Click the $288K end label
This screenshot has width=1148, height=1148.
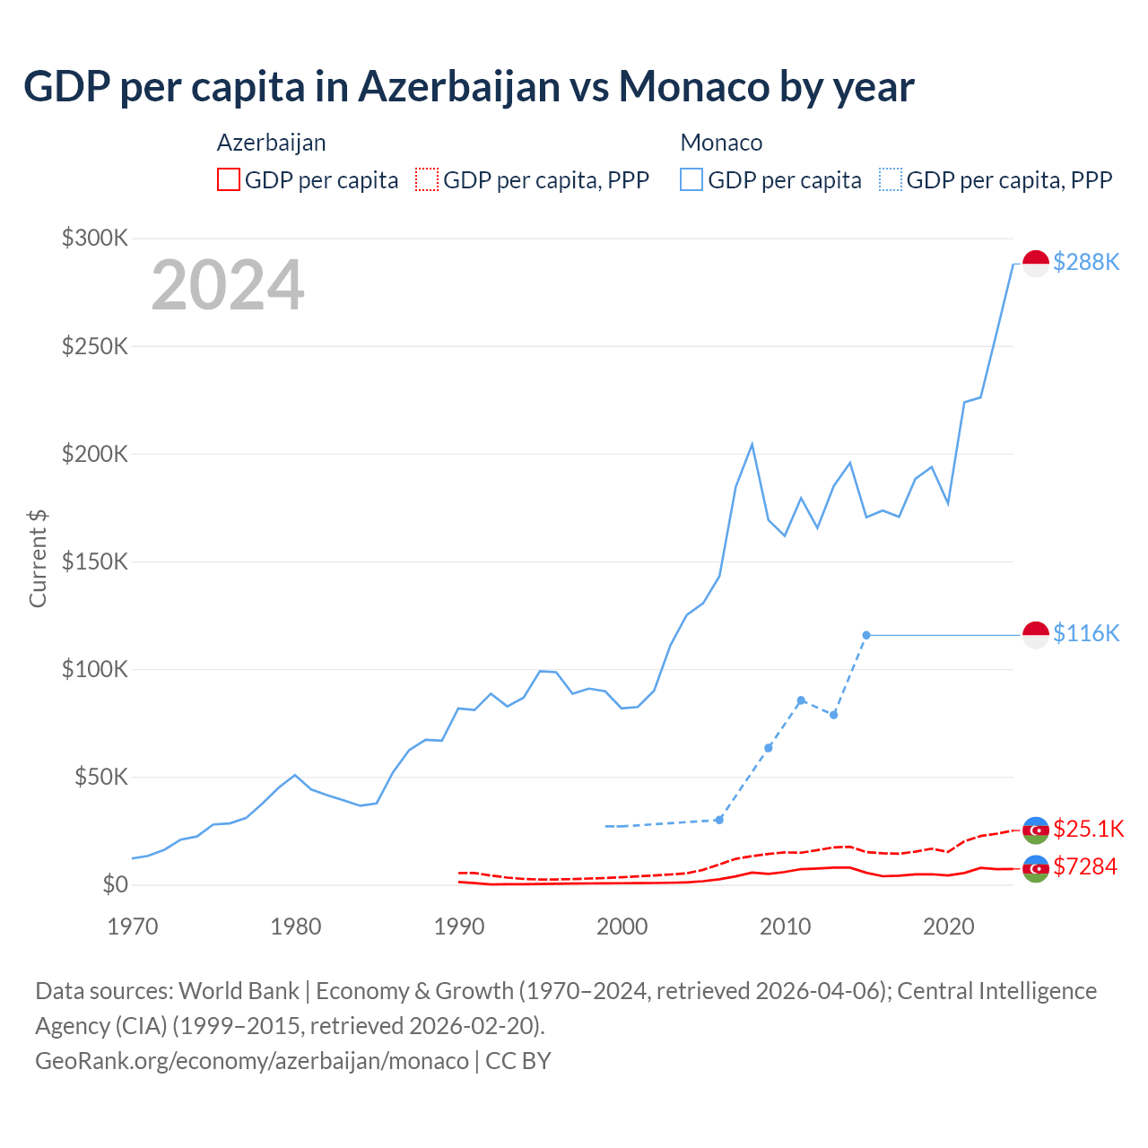(1086, 262)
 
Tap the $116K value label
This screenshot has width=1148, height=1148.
(1086, 633)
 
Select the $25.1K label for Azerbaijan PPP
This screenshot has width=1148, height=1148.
(1088, 828)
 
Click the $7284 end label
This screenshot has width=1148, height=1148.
(1085, 866)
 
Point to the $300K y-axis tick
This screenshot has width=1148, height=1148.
(95, 238)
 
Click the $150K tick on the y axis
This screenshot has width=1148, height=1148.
(95, 561)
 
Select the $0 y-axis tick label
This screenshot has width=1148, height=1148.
(115, 884)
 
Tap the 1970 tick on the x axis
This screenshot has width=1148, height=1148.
(132, 926)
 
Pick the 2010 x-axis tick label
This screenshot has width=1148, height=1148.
(785, 926)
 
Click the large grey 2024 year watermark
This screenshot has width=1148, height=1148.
(228, 285)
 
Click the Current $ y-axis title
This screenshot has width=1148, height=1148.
(38, 558)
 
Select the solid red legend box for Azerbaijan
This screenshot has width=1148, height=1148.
(229, 179)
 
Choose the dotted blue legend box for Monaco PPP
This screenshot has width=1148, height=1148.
(891, 179)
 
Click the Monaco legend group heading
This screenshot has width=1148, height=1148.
(721, 143)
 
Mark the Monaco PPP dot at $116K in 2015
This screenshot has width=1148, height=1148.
(866, 635)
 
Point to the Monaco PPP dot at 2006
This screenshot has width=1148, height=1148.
(719, 820)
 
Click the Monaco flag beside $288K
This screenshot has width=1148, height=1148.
(1036, 264)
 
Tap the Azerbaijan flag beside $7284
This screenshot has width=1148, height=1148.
(1036, 868)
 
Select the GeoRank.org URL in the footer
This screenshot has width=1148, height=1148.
(252, 1060)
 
